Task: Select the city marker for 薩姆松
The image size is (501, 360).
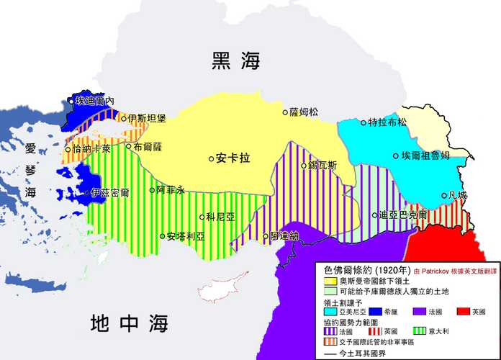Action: (x=285, y=112)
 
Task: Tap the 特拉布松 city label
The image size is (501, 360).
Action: (x=387, y=122)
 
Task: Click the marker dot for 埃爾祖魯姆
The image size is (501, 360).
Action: (x=396, y=156)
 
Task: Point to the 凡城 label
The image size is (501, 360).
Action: (x=457, y=195)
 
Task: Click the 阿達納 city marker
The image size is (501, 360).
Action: (x=265, y=236)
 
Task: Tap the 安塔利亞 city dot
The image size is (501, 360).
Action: (x=162, y=236)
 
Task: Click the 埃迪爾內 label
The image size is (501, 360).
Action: (x=95, y=102)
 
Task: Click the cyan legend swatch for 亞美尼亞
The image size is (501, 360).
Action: (x=331, y=312)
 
